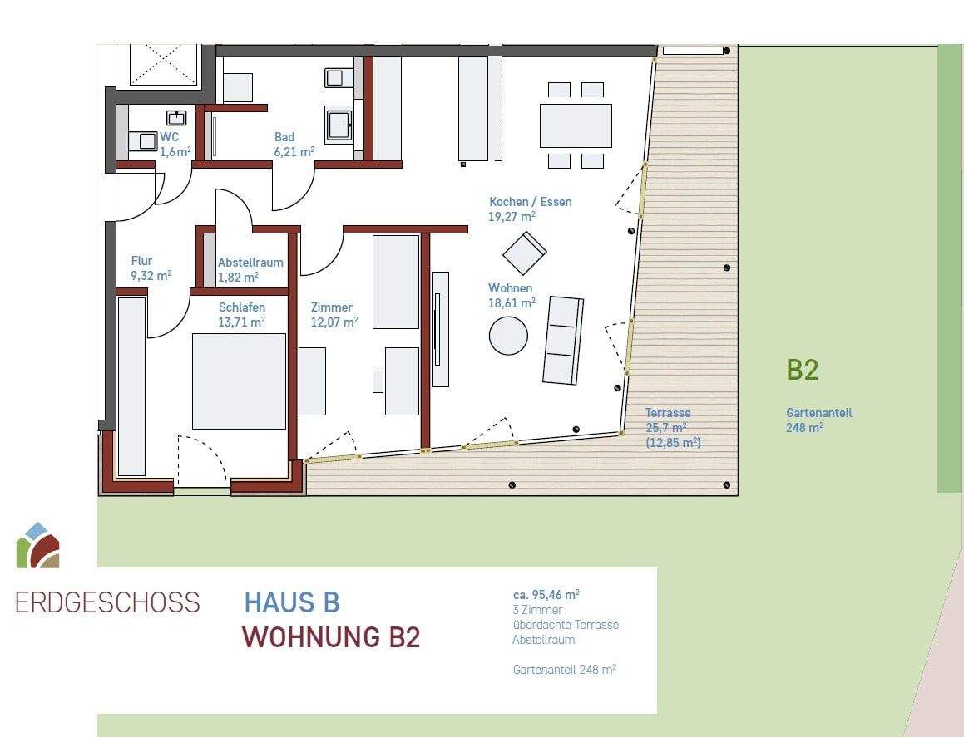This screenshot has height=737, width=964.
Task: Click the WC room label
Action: pyautogui.click(x=169, y=136)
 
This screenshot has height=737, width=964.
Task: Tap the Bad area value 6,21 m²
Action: pyautogui.click(x=294, y=152)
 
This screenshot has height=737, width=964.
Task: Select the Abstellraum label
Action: pyautogui.click(x=250, y=262)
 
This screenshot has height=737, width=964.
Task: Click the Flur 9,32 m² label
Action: pyautogui.click(x=151, y=268)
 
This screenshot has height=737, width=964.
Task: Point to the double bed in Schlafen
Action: pyautogui.click(x=239, y=381)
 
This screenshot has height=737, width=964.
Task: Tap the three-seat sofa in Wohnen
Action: pyautogui.click(x=563, y=339)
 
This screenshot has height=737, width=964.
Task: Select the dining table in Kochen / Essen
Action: pyautogui.click(x=576, y=125)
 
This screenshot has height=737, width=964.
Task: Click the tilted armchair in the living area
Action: pyautogui.click(x=524, y=253)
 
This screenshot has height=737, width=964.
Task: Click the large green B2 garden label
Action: pyautogui.click(x=803, y=370)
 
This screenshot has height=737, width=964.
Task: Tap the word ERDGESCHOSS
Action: pyautogui.click(x=108, y=602)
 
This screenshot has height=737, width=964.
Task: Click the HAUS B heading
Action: pyautogui.click(x=292, y=602)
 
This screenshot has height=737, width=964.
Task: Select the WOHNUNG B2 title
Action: pyautogui.click(x=330, y=637)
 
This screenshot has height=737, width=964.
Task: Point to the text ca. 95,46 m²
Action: pyautogui.click(x=546, y=595)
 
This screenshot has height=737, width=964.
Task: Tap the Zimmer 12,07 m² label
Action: pyautogui.click(x=334, y=314)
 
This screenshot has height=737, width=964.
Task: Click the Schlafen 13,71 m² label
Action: pyautogui.click(x=242, y=314)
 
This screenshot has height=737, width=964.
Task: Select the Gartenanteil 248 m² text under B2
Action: pyautogui.click(x=818, y=420)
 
